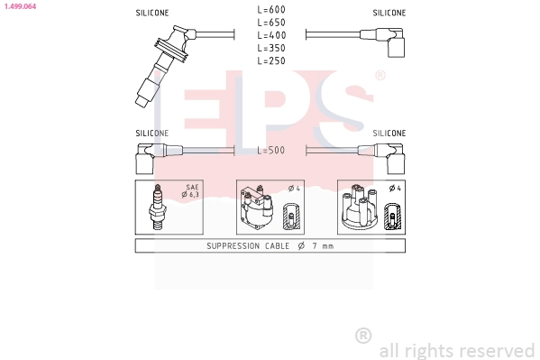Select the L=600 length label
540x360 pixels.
tap(270, 9)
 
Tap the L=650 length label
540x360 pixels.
tap(270, 22)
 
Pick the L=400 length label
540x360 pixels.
tap(270, 34)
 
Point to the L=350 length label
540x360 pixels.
tap(270, 47)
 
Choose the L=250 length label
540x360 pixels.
tap(270, 60)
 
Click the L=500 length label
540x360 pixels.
tap(270, 151)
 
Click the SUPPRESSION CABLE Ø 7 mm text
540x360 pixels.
tap(270, 245)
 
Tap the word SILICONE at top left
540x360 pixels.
tap(151, 14)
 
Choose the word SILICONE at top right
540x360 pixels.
tap(389, 14)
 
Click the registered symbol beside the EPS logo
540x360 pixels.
tap(380, 76)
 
